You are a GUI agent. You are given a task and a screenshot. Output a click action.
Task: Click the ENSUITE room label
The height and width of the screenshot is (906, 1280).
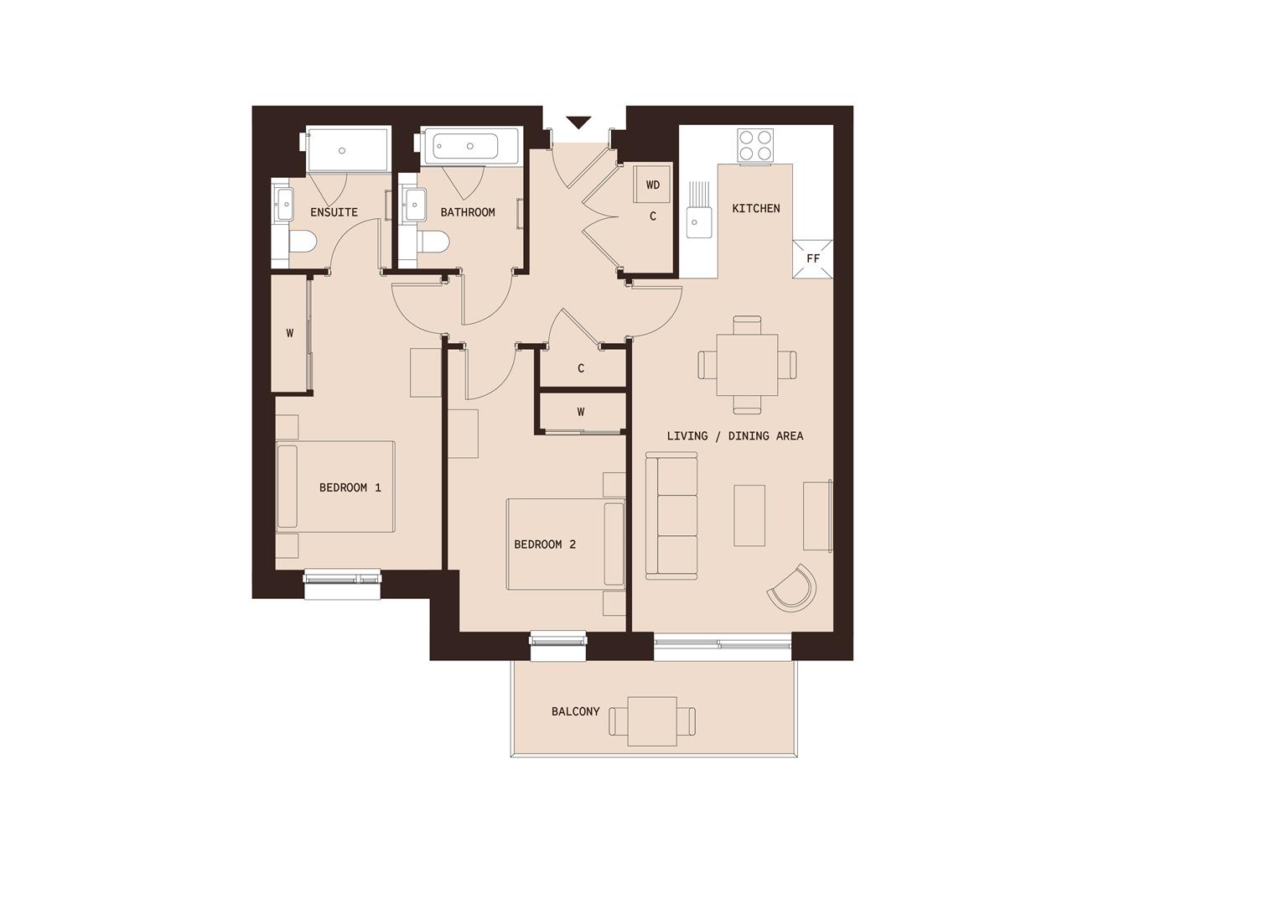tap(334, 212)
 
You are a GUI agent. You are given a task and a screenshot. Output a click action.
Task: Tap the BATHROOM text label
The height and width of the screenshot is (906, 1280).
tap(467, 212)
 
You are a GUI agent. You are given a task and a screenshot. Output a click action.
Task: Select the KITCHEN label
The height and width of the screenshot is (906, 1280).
tap(755, 208)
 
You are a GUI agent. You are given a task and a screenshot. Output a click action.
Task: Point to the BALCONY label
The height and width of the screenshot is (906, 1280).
tap(575, 711)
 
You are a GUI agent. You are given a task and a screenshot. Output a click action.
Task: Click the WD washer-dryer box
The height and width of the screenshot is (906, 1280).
tap(653, 185)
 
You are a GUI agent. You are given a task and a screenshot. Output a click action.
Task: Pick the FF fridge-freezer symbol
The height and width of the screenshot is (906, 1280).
tap(812, 258)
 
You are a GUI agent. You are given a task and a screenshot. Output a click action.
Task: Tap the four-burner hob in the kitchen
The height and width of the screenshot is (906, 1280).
tap(755, 144)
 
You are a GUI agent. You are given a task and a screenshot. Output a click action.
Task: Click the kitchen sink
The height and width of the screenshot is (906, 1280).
tap(694, 221)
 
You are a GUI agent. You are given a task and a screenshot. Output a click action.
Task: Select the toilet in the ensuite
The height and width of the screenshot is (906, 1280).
tap(301, 242)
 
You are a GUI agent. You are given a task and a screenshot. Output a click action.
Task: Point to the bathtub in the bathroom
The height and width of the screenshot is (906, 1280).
tap(461, 146)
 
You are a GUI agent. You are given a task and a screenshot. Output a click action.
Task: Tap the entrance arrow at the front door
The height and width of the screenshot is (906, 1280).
tap(578, 123)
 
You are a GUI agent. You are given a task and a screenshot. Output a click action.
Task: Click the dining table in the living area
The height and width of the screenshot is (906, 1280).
tap(747, 365)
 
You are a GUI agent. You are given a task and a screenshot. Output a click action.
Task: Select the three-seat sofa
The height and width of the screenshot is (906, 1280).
tap(671, 516)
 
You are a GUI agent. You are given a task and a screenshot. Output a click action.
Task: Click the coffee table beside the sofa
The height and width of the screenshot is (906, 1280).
tap(749, 515)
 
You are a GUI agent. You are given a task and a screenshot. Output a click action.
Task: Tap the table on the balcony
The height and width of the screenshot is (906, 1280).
tap(651, 721)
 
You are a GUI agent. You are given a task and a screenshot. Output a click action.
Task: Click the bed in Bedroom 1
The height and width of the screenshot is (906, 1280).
tap(335, 487)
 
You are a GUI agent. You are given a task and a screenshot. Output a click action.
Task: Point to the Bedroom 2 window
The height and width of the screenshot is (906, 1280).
tap(558, 639)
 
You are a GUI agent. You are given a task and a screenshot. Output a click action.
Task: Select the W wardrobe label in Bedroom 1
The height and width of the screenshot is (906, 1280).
tap(290, 333)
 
